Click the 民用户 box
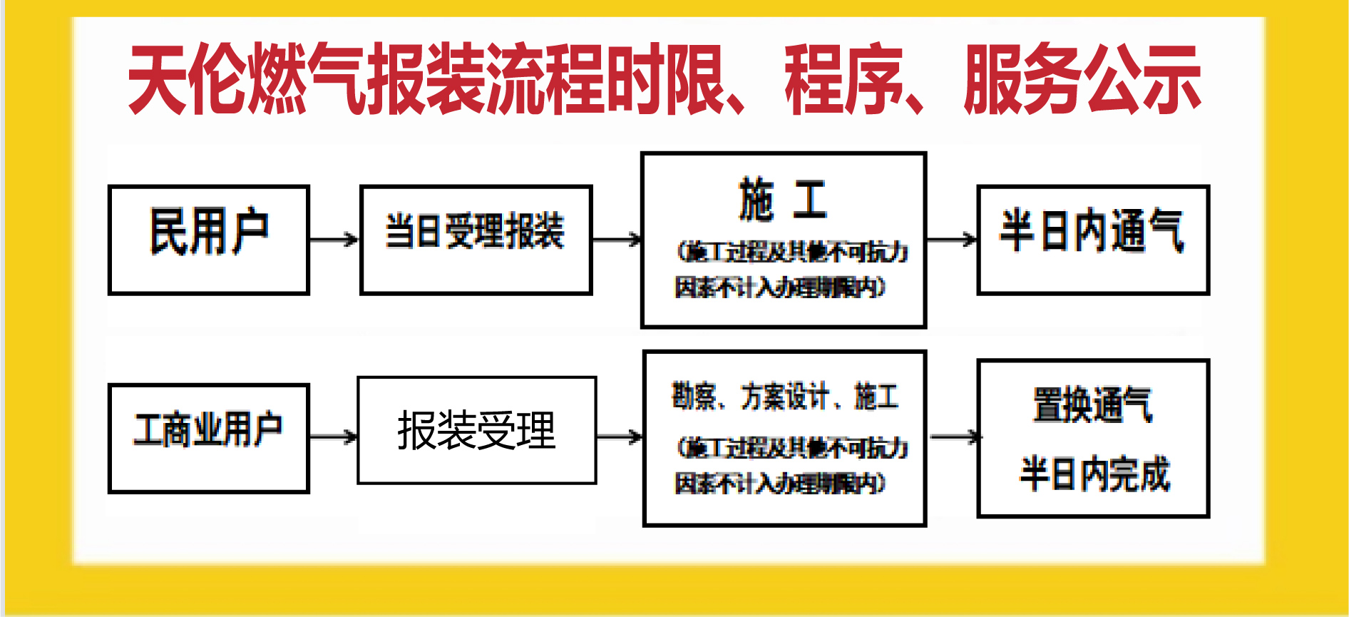[208, 239]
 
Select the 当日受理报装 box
[476, 239]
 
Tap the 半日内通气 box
[1092, 239]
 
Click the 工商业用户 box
[208, 437]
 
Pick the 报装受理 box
[476, 430]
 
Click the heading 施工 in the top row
[783, 200]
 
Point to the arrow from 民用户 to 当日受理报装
[334, 239]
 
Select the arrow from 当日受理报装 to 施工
[617, 240]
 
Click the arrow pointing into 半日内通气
[952, 239]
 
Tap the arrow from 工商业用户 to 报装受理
[333, 437]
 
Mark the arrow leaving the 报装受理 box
[619, 437]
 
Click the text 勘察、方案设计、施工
[784, 397]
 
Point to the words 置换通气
[1092, 404]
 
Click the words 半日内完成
[1094, 474]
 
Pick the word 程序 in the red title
[844, 78]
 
